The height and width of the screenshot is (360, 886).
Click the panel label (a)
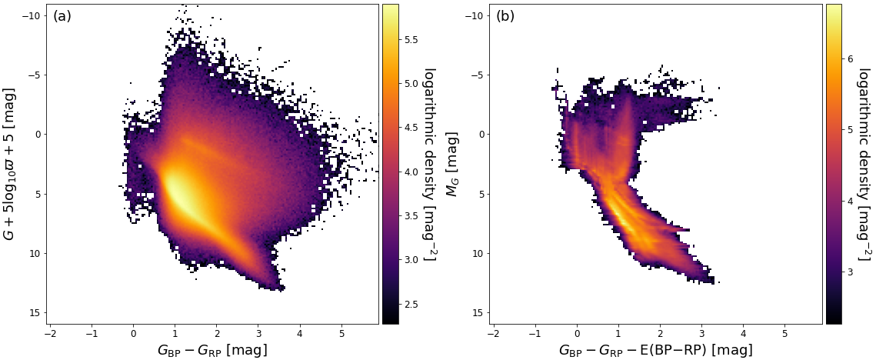click(x=62, y=16)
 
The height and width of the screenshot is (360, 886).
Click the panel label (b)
click(x=505, y=16)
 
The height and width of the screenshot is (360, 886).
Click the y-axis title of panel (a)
click(x=10, y=164)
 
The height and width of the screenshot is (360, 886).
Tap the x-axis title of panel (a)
click(x=212, y=350)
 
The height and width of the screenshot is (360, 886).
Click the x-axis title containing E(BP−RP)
click(x=655, y=350)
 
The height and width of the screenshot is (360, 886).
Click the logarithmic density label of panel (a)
click(x=431, y=164)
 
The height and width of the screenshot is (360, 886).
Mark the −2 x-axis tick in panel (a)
click(x=51, y=334)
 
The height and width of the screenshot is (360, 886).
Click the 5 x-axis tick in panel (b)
click(x=784, y=334)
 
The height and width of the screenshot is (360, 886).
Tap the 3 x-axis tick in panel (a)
click(x=258, y=334)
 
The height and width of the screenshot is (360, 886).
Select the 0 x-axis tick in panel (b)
click(x=577, y=334)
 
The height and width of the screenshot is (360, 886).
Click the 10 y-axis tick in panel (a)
click(x=33, y=253)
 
